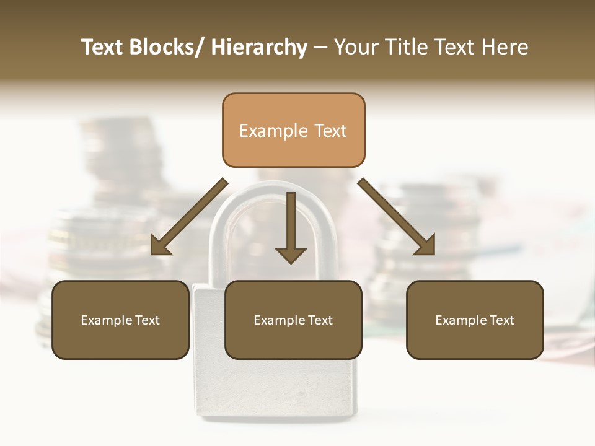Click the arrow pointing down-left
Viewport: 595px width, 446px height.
coord(189,216)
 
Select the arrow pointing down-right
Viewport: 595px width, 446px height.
coord(397,216)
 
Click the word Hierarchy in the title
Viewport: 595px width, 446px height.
coord(259,47)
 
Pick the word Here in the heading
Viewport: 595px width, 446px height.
coord(505,47)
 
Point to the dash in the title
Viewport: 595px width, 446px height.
coord(320,47)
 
